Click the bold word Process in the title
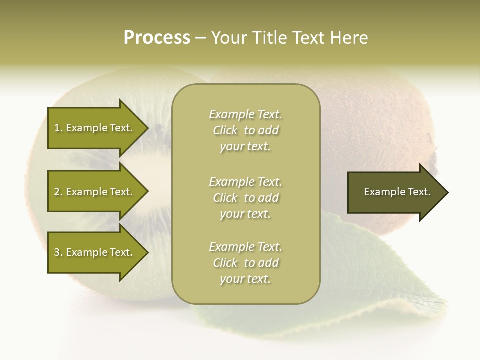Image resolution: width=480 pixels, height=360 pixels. click(x=157, y=38)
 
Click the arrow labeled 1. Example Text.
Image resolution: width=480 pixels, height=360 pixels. click(x=95, y=128)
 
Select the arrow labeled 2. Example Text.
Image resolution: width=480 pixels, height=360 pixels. click(x=95, y=192)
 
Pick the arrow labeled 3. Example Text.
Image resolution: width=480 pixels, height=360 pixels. click(x=95, y=252)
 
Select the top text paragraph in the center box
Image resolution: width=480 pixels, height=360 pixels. click(x=245, y=130)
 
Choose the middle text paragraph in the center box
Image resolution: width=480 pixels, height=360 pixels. click(x=245, y=198)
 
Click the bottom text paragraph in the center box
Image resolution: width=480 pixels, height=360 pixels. click(x=245, y=263)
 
